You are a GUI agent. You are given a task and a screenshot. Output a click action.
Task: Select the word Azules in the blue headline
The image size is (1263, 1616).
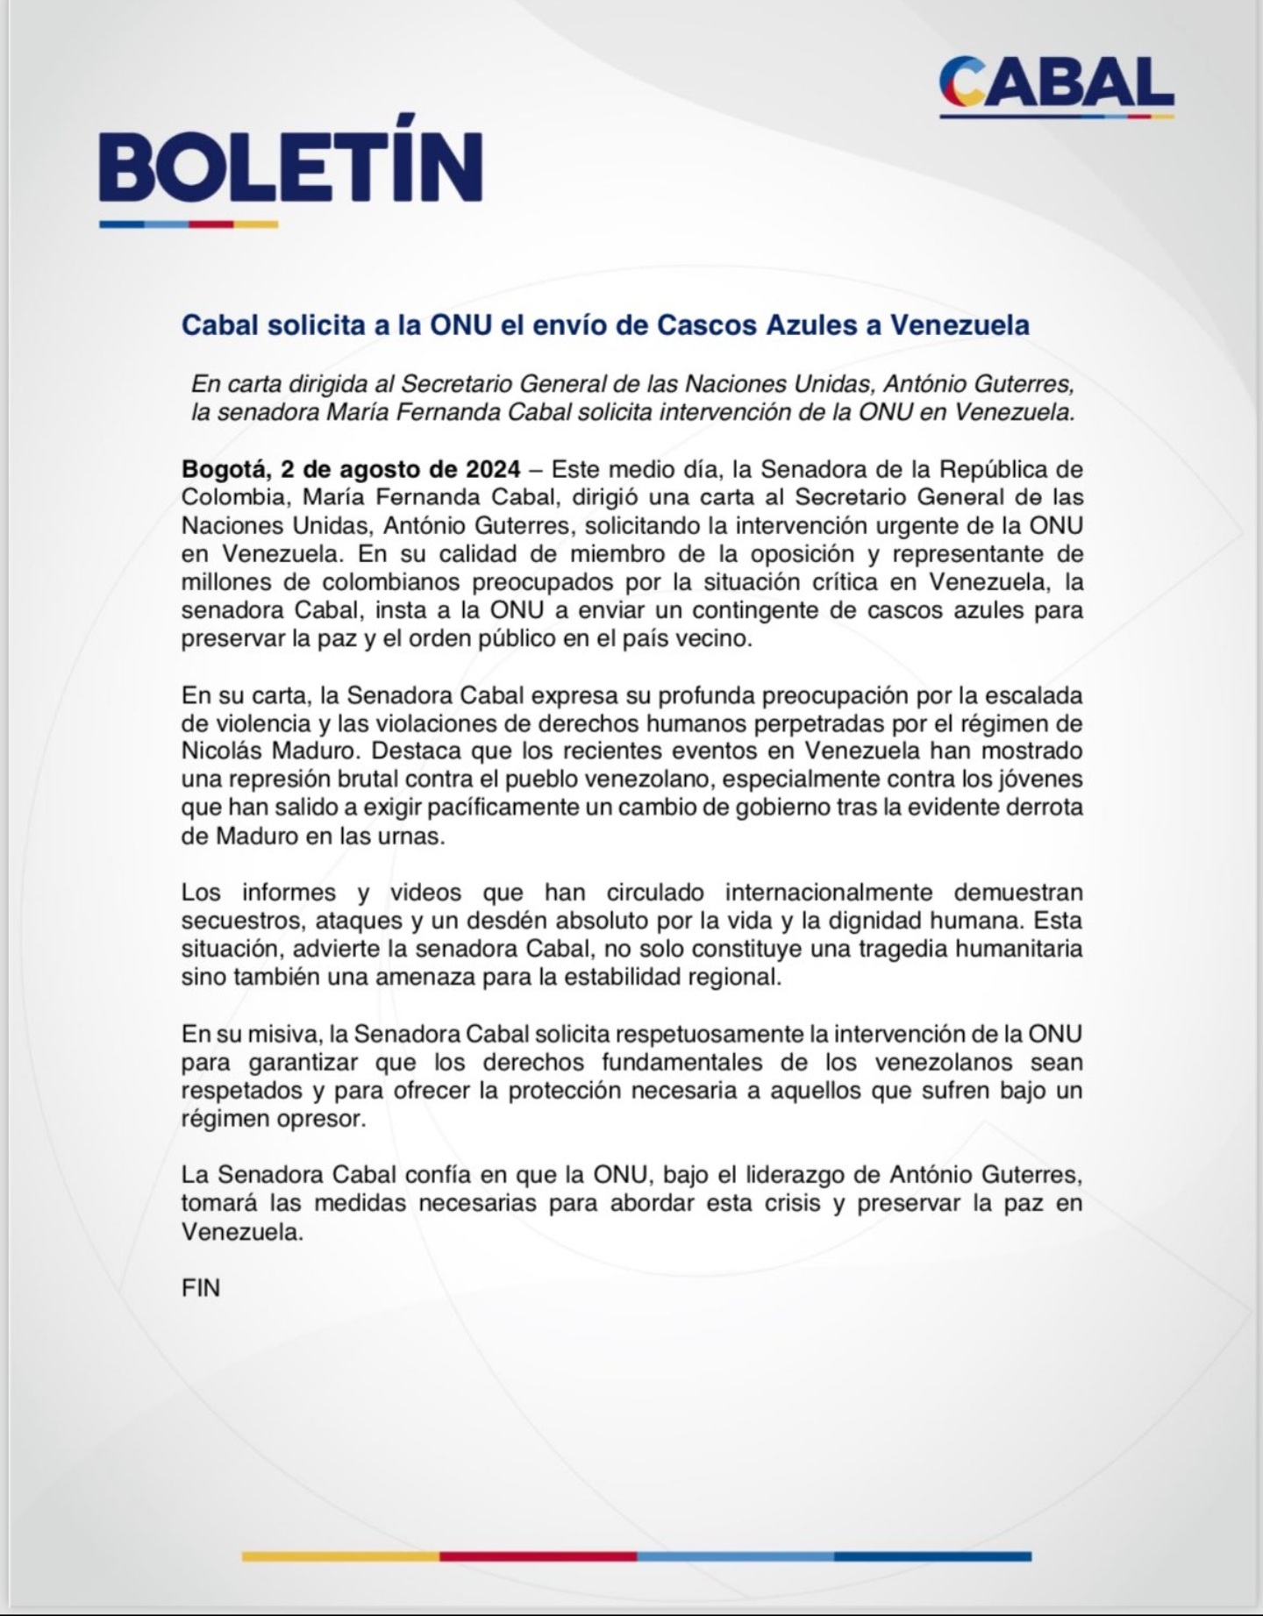(x=825, y=324)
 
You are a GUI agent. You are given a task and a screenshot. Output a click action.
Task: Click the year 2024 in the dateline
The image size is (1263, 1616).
(x=493, y=468)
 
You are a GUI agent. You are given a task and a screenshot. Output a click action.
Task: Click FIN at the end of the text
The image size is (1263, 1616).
(x=200, y=1287)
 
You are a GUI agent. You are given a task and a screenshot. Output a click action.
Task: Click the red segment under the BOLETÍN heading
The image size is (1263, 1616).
(x=211, y=224)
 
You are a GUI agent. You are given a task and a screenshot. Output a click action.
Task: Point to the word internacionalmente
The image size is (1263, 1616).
(x=829, y=892)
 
